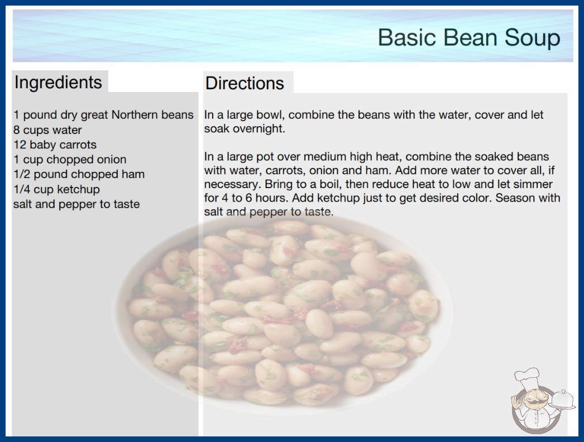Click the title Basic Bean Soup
(469, 37)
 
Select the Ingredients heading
(58, 83)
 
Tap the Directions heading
(245, 83)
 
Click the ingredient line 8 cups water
(47, 130)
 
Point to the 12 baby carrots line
(55, 145)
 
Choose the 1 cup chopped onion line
(70, 160)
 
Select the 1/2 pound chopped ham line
(79, 174)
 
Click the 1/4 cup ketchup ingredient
(56, 189)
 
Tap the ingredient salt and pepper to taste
(76, 204)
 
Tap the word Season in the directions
(515, 198)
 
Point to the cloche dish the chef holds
(563, 399)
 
